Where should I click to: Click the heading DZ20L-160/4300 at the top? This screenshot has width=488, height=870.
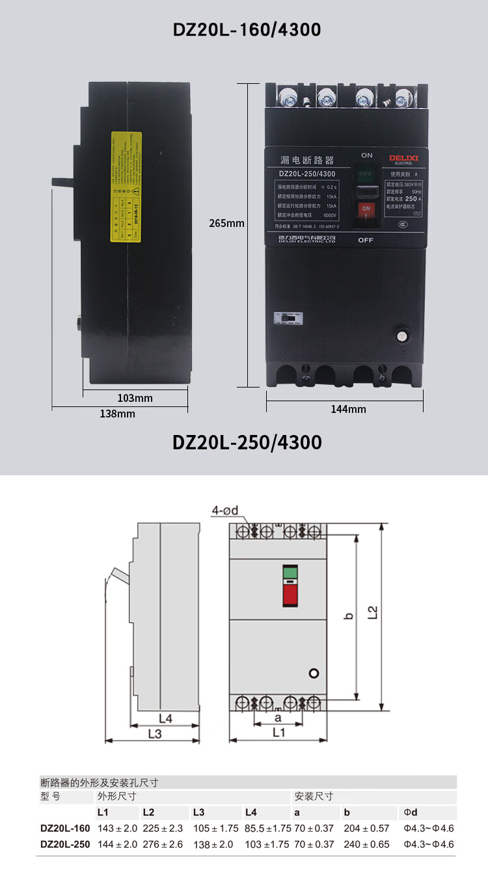tap(247, 29)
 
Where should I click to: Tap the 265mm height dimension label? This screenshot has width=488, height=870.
tap(226, 223)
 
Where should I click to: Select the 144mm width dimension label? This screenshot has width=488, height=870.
tap(348, 409)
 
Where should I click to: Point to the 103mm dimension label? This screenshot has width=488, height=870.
tap(135, 398)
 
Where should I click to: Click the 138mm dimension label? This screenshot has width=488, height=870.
tap(118, 414)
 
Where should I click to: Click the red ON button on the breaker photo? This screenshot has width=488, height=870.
tap(366, 209)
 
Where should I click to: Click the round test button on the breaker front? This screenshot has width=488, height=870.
tap(402, 337)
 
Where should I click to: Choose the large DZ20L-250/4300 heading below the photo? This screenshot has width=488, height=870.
tap(247, 442)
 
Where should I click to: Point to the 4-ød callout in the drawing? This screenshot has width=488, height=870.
tap(224, 510)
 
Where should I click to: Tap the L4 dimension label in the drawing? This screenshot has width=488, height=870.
tap(165, 718)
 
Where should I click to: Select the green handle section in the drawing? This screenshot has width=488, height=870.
tap(290, 572)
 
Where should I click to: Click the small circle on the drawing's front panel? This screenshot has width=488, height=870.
tap(314, 673)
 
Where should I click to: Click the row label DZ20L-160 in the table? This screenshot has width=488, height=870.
tap(65, 828)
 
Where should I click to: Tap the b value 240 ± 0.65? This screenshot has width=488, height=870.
tap(366, 844)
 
